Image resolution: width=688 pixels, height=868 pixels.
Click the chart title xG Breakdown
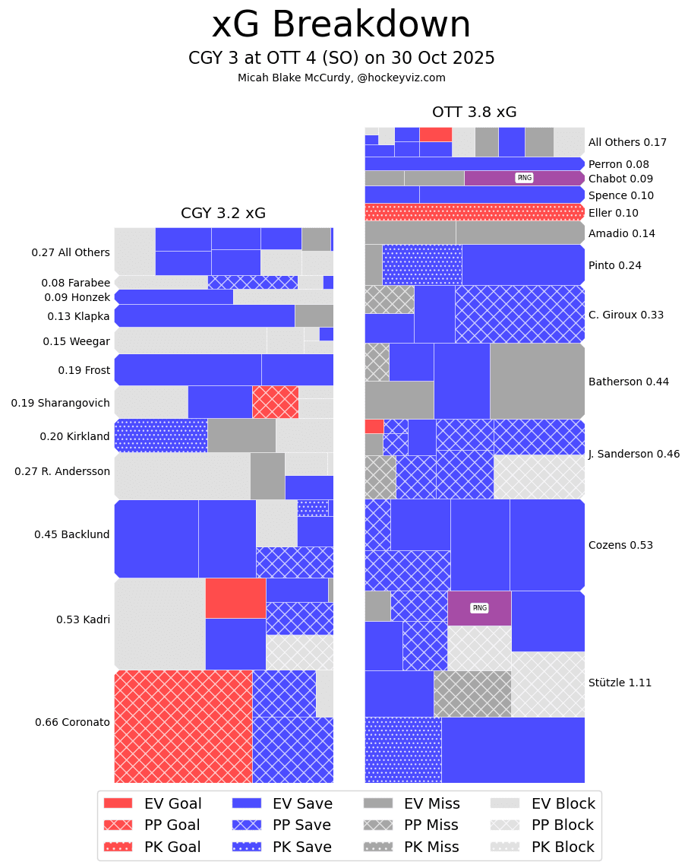(x=341, y=25)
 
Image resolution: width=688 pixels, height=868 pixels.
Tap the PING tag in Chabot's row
(x=524, y=178)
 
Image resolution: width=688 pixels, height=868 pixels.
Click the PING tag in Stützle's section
(x=479, y=608)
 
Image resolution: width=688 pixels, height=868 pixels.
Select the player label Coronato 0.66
(x=72, y=722)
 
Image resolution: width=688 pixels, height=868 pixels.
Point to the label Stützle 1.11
(x=620, y=683)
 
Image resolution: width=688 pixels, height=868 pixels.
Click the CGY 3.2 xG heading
(x=223, y=214)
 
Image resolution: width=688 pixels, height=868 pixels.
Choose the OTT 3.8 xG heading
(x=474, y=112)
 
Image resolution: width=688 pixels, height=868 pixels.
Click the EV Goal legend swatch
(x=118, y=803)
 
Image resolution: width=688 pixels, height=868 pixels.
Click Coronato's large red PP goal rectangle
(x=183, y=726)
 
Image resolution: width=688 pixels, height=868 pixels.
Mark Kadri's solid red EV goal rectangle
(x=235, y=598)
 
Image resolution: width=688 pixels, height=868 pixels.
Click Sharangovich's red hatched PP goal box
(x=275, y=402)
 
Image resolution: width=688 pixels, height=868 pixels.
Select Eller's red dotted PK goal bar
(x=474, y=212)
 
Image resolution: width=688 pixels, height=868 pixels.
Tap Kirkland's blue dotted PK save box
(x=161, y=436)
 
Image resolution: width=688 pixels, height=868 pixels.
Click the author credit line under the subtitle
(x=341, y=78)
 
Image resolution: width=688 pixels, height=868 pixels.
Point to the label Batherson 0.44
(x=628, y=382)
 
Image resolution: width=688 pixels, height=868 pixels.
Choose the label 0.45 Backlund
(x=72, y=534)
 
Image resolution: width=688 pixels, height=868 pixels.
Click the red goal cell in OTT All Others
(x=435, y=135)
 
